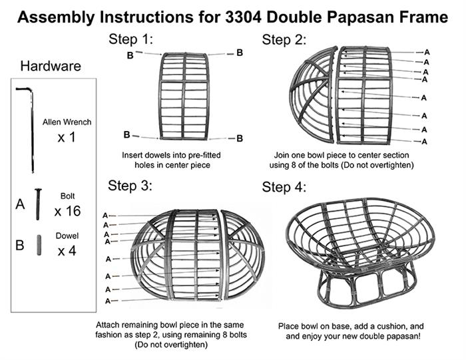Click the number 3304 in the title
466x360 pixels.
tap(243, 17)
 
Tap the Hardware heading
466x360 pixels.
tap(51, 66)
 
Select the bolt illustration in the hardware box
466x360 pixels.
tap(38, 204)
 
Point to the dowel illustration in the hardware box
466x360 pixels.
tap(39, 245)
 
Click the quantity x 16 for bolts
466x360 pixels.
tap(67, 211)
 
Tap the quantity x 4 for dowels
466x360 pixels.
tap(67, 252)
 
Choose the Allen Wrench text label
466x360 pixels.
tap(67, 122)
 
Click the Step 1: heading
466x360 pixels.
tap(130, 39)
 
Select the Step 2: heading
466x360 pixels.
tap(284, 40)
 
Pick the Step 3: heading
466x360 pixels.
tap(130, 186)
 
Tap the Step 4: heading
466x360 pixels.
tap(284, 187)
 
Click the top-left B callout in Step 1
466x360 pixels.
tap(130, 55)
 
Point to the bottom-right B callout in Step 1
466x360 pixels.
tap(240, 138)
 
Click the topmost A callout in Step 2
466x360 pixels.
tap(427, 53)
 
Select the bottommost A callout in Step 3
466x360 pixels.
tap(108, 301)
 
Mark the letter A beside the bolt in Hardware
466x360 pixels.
tap(20, 204)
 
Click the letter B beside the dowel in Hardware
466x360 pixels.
tap(19, 246)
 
